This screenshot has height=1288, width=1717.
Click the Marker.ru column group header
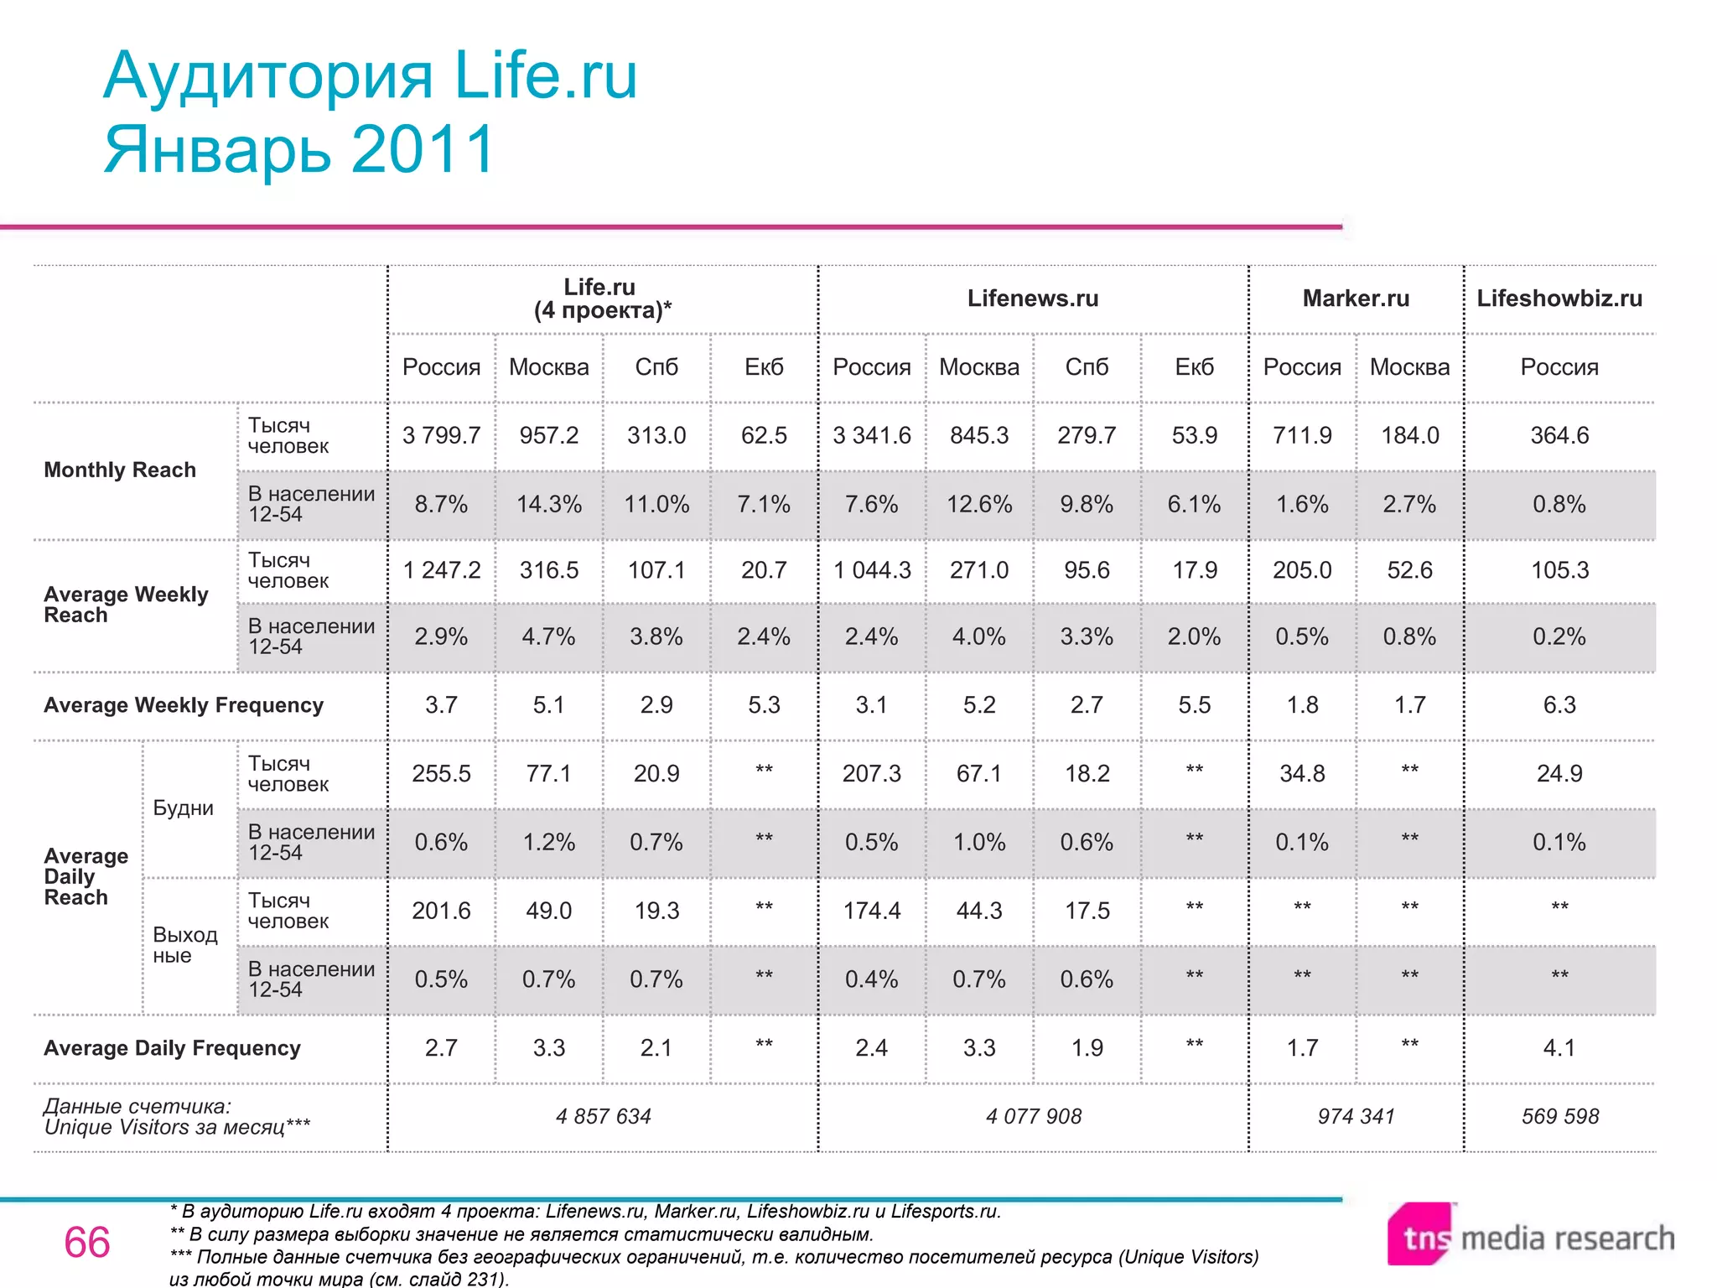1356,299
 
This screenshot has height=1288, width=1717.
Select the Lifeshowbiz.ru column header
1559,299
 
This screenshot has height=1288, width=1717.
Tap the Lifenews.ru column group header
1033,299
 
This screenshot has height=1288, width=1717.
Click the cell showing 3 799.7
441,435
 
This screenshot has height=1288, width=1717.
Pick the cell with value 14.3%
549,504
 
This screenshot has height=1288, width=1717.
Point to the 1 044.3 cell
872,570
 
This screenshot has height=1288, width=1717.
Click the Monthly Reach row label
120,470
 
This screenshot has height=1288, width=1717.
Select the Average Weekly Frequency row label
184,705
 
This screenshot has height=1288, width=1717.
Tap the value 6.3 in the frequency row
1559,705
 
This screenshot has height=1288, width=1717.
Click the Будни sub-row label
184,808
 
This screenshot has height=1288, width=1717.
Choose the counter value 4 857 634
603,1116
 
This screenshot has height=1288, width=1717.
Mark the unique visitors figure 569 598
1559,1116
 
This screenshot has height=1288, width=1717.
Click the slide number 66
87,1242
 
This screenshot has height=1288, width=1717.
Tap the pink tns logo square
1419,1234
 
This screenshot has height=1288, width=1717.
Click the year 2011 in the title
423,149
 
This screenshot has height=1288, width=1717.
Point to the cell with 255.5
441,773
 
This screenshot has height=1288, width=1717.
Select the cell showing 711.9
1302,435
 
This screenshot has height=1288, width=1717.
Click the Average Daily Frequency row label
172,1048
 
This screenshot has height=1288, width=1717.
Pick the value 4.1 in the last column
1559,1048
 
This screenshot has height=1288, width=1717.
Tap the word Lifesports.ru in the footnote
945,1211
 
